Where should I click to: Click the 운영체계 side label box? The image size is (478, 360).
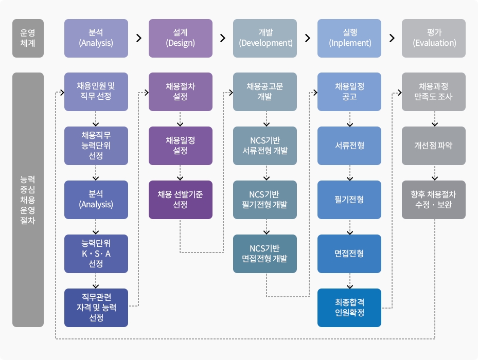tap(28, 38)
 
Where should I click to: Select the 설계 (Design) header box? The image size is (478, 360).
tap(180, 38)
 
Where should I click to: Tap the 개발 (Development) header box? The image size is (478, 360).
tap(265, 38)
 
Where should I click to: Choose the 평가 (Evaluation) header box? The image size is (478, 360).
tap(434, 38)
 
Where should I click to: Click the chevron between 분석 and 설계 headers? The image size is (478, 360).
tap(138, 38)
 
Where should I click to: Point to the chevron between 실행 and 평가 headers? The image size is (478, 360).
tap(392, 38)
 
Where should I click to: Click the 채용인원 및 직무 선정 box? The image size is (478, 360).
tap(96, 92)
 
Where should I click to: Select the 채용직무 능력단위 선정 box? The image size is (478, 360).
tap(96, 146)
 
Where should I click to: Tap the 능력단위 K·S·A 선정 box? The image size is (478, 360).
tap(96, 254)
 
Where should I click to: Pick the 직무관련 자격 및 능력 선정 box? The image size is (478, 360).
tap(96, 308)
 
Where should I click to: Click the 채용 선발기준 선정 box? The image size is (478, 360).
tap(180, 200)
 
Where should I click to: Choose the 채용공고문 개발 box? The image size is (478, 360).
tap(265, 92)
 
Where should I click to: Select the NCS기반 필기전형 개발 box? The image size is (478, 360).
tap(265, 200)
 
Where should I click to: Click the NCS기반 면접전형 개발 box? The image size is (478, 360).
tap(265, 254)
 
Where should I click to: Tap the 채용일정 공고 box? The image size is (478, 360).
tap(349, 92)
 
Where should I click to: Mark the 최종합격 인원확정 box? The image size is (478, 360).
tap(349, 308)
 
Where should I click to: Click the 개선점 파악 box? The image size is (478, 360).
tap(434, 146)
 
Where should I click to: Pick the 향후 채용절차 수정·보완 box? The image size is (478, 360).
tap(434, 200)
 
